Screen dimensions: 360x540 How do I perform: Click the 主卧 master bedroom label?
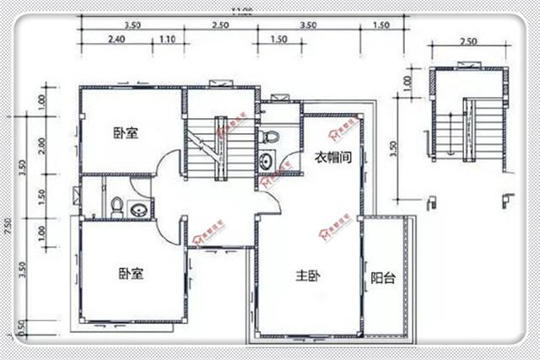click(306, 277)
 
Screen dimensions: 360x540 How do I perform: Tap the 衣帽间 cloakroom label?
click(333, 157)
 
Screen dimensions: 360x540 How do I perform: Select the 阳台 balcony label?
click(383, 279)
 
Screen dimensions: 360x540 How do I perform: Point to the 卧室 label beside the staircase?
click(127, 133)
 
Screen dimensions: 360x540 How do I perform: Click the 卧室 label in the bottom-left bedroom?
click(130, 273)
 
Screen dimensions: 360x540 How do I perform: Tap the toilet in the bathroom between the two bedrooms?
click(117, 205)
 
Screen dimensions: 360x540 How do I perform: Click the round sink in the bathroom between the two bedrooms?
click(138, 207)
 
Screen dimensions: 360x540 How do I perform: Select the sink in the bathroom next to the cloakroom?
click(266, 160)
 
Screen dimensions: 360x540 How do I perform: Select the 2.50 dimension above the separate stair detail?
click(468, 41)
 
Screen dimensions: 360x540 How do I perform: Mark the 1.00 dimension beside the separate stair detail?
click(408, 84)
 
